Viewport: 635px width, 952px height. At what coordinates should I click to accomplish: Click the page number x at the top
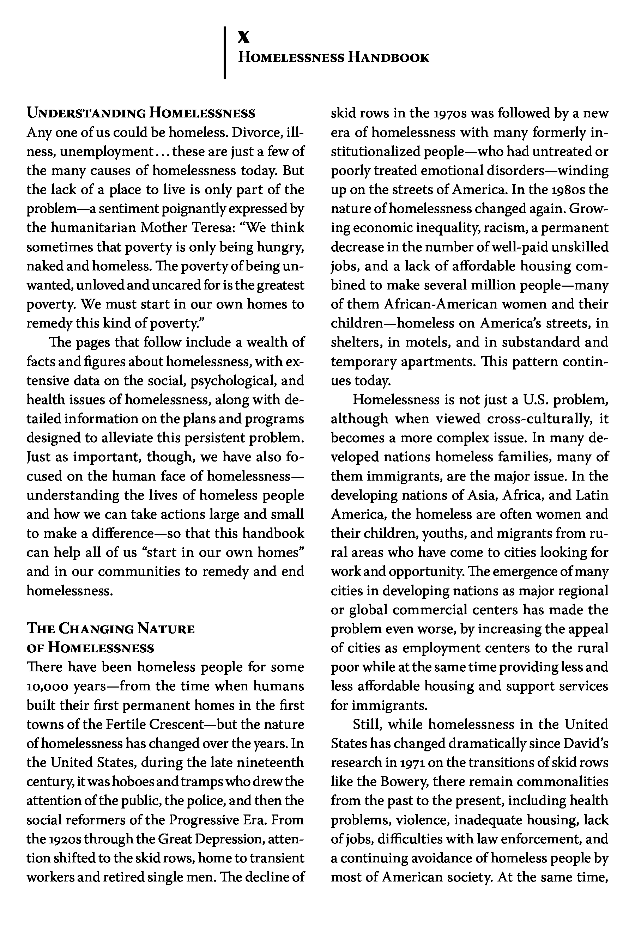pyautogui.click(x=244, y=38)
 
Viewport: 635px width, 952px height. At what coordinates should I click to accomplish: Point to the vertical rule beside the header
pyautogui.click(x=225, y=53)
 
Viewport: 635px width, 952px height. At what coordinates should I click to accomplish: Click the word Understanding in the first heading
pyautogui.click(x=86, y=113)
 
